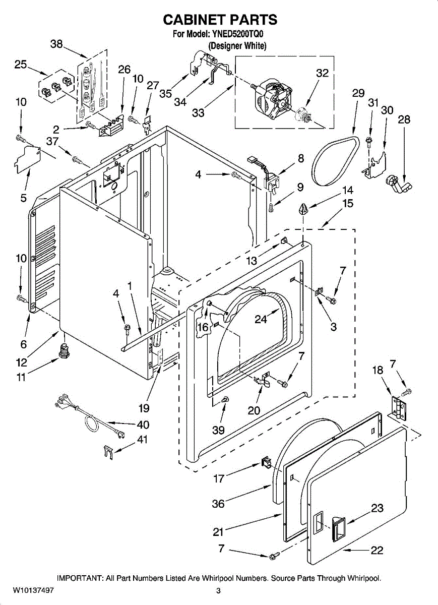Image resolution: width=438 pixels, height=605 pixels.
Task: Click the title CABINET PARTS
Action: (220, 20)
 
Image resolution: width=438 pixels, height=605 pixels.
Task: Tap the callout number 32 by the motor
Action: (322, 73)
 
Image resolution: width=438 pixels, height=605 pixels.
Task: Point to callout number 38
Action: (56, 44)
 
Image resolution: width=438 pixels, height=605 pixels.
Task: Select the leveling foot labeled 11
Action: (64, 350)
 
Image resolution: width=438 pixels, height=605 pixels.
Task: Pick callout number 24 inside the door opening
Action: (261, 319)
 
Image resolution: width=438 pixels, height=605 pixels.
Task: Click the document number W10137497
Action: (33, 590)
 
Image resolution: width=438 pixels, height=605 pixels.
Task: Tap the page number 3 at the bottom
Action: (219, 590)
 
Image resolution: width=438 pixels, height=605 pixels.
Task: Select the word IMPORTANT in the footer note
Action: (80, 578)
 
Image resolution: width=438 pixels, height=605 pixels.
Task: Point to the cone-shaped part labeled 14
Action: (303, 208)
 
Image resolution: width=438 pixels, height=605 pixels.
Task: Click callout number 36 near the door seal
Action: (218, 503)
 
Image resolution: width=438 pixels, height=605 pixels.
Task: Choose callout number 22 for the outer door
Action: (377, 550)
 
